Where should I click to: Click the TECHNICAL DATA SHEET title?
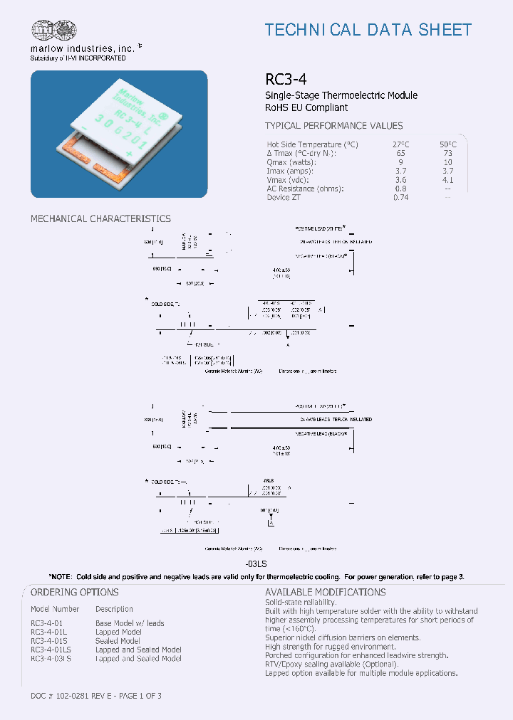pyautogui.click(x=368, y=30)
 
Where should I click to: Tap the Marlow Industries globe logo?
pyautogui.click(x=53, y=30)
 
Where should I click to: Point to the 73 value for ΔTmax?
pyautogui.click(x=446, y=154)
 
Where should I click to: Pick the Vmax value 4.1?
pyautogui.click(x=446, y=180)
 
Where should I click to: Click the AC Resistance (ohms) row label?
pyautogui.click(x=306, y=189)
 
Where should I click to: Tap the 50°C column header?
pyautogui.click(x=446, y=144)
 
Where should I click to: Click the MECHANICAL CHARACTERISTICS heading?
pyautogui.click(x=100, y=218)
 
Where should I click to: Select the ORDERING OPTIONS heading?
pyautogui.click(x=75, y=592)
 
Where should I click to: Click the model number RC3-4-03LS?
pyautogui.click(x=51, y=658)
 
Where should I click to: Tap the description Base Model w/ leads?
pyautogui.click(x=130, y=623)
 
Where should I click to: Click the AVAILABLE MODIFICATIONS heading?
pyautogui.click(x=325, y=592)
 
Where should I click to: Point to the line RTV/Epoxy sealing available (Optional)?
pyautogui.click(x=331, y=664)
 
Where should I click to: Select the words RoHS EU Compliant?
pyautogui.click(x=306, y=107)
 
